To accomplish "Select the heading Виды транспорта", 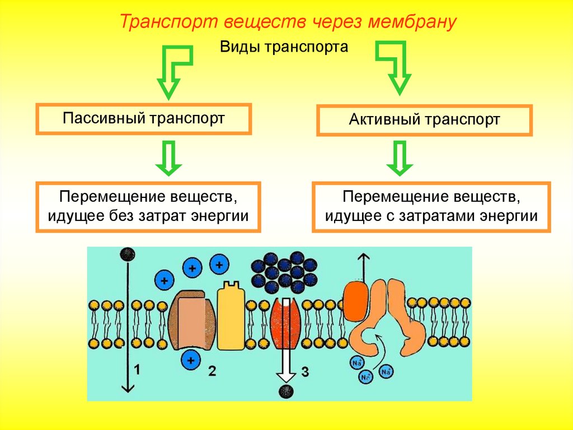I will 284,47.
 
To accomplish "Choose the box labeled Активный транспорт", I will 424,120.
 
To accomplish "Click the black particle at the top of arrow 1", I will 128,254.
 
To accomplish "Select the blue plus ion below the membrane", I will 191,360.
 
